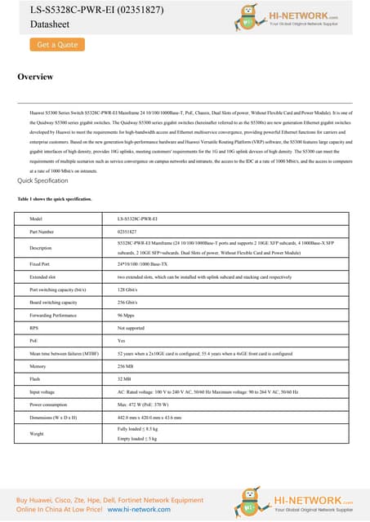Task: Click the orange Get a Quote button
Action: pos(56,45)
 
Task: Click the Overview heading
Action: pos(35,77)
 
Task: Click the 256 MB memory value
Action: pos(125,367)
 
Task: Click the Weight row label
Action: pos(37,435)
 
